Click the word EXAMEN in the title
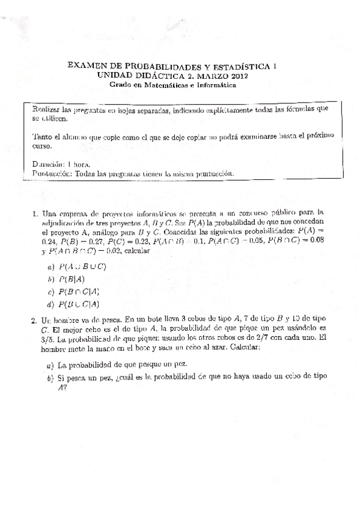click(x=87, y=68)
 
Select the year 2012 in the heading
click(x=234, y=76)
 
